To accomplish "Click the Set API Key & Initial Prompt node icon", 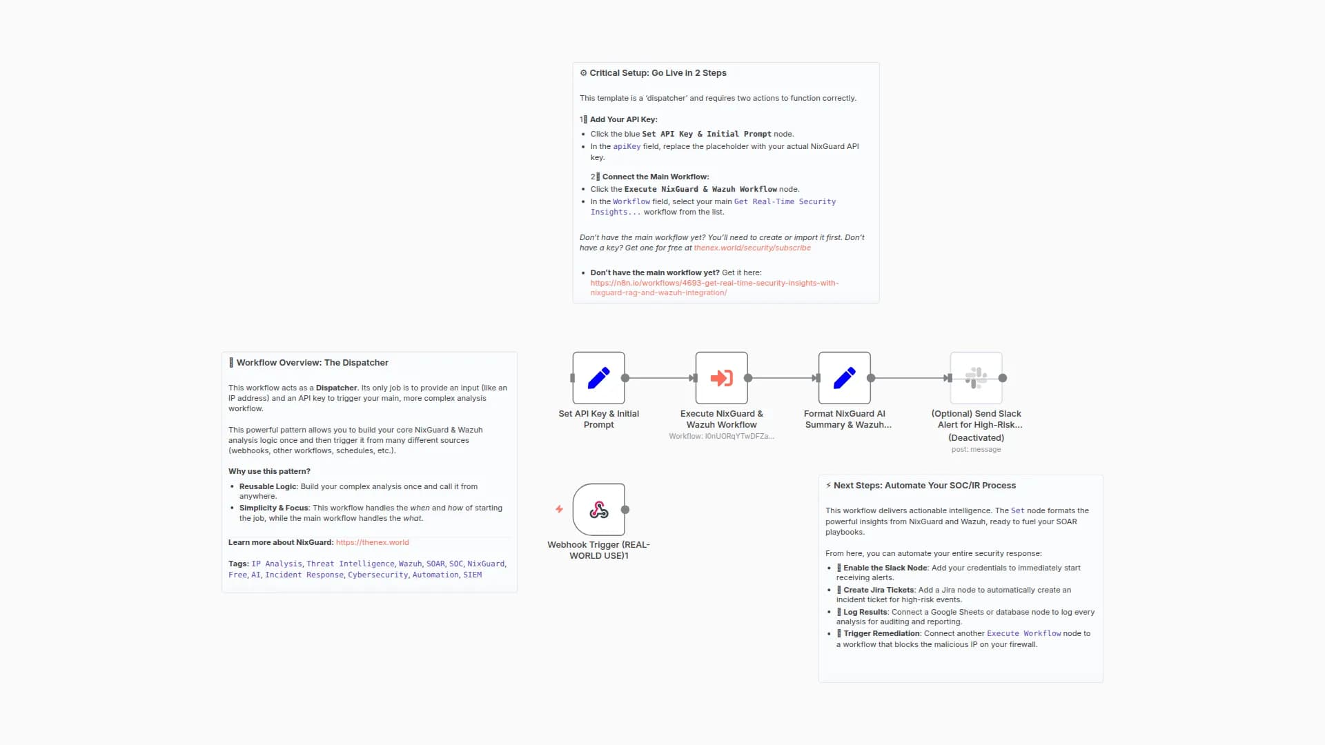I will tap(598, 378).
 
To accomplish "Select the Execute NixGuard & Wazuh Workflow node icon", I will tap(721, 378).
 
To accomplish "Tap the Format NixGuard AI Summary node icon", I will tap(844, 378).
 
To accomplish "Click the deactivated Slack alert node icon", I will tap(976, 378).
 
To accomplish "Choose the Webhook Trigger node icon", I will tap(598, 510).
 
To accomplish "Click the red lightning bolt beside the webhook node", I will tap(559, 510).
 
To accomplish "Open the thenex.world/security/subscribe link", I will tap(752, 248).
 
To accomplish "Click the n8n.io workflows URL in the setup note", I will tap(714, 284).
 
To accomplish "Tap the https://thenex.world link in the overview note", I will tap(372, 543).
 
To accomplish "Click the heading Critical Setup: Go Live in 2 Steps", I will tap(657, 73).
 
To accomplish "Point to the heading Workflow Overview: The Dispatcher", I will tap(312, 363).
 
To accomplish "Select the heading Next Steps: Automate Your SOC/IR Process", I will tap(924, 486).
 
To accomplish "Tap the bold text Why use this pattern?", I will tap(269, 472).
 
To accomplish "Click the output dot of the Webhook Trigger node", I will tap(625, 510).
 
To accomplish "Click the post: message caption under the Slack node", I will tap(976, 450).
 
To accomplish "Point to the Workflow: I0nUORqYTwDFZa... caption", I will tap(721, 437).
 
